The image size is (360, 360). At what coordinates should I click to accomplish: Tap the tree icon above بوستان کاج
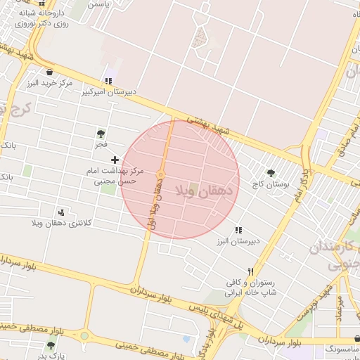(271, 173)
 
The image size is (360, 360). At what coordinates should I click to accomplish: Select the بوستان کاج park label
(271, 184)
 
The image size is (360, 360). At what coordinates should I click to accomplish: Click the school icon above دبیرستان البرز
(238, 230)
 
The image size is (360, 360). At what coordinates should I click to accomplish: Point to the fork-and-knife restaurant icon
(249, 271)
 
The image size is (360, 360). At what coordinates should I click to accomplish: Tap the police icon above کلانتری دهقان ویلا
(63, 212)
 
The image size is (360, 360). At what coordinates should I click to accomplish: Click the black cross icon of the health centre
(115, 160)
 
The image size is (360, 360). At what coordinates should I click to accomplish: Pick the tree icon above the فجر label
(101, 133)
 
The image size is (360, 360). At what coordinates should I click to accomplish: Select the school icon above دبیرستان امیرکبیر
(108, 81)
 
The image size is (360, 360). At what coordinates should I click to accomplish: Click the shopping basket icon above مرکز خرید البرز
(49, 72)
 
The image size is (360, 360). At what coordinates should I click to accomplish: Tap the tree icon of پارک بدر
(50, 345)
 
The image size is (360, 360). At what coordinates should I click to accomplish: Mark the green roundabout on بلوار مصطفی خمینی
(84, 336)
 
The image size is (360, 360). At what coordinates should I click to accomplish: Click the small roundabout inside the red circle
(161, 174)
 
